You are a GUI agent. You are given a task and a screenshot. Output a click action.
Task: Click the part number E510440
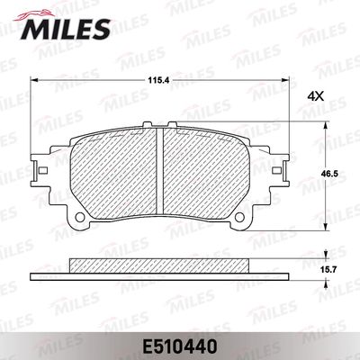[x=179, y=343]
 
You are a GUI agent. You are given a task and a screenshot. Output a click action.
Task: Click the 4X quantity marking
[x=315, y=95]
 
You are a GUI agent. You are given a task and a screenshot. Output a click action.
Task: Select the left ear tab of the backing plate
[x=39, y=168]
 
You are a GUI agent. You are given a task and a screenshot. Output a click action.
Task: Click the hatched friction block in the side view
[x=158, y=265]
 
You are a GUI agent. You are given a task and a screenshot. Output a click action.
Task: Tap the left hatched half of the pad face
[x=112, y=175]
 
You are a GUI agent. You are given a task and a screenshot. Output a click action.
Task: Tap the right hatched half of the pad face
[x=205, y=175]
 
